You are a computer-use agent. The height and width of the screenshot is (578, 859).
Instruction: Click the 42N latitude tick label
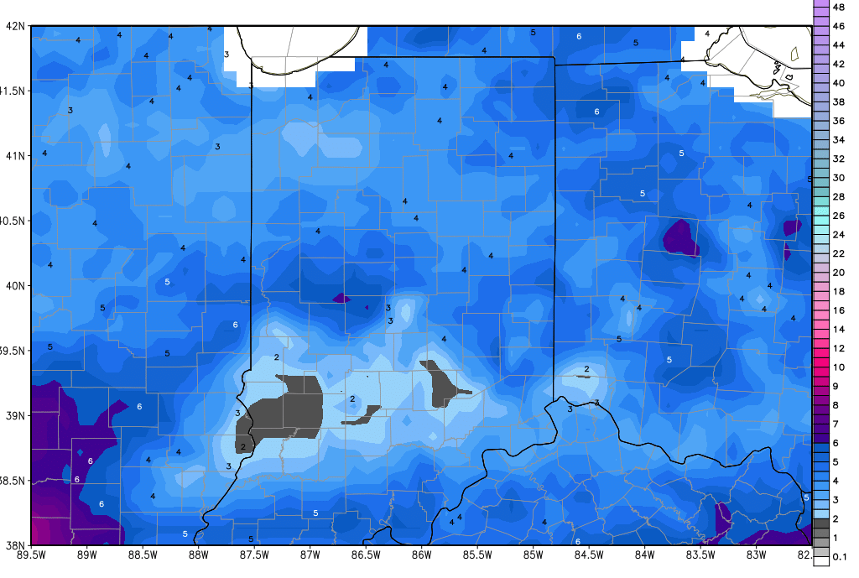pyautogui.click(x=14, y=25)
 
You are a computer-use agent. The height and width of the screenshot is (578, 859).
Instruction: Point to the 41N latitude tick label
pyautogui.click(x=14, y=155)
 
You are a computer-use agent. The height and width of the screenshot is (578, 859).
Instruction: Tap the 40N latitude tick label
pyautogui.click(x=14, y=285)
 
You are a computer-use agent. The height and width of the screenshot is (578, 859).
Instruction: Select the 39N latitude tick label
pyautogui.click(x=14, y=415)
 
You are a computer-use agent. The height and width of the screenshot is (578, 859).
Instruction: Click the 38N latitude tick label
pyautogui.click(x=14, y=544)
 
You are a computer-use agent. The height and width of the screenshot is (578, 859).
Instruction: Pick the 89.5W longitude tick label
pyautogui.click(x=31, y=555)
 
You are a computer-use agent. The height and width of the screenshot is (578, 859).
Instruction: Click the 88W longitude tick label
pyautogui.click(x=199, y=555)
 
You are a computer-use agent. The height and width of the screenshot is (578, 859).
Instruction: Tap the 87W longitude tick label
pyautogui.click(x=310, y=555)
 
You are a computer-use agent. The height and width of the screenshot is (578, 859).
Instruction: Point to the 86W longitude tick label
pyautogui.click(x=422, y=555)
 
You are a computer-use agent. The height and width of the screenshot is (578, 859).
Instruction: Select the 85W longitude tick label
pyautogui.click(x=534, y=555)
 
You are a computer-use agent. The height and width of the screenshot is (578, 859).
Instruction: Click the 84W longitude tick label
pyautogui.click(x=645, y=555)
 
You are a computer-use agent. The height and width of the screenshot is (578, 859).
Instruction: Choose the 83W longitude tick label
pyautogui.click(x=757, y=555)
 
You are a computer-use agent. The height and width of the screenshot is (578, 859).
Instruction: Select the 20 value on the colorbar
pyautogui.click(x=838, y=273)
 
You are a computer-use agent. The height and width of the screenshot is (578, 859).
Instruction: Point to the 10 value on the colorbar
pyautogui.click(x=838, y=367)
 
